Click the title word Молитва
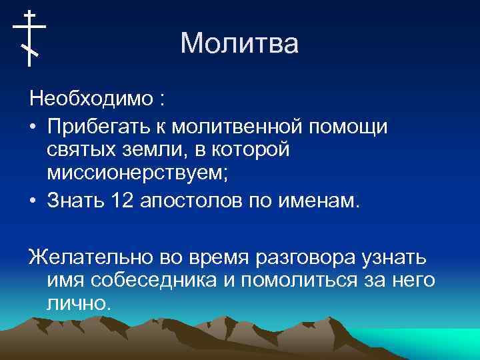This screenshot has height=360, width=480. click(239, 44)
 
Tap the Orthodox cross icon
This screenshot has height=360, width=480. click(29, 38)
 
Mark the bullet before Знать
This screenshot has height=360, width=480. click(33, 201)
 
